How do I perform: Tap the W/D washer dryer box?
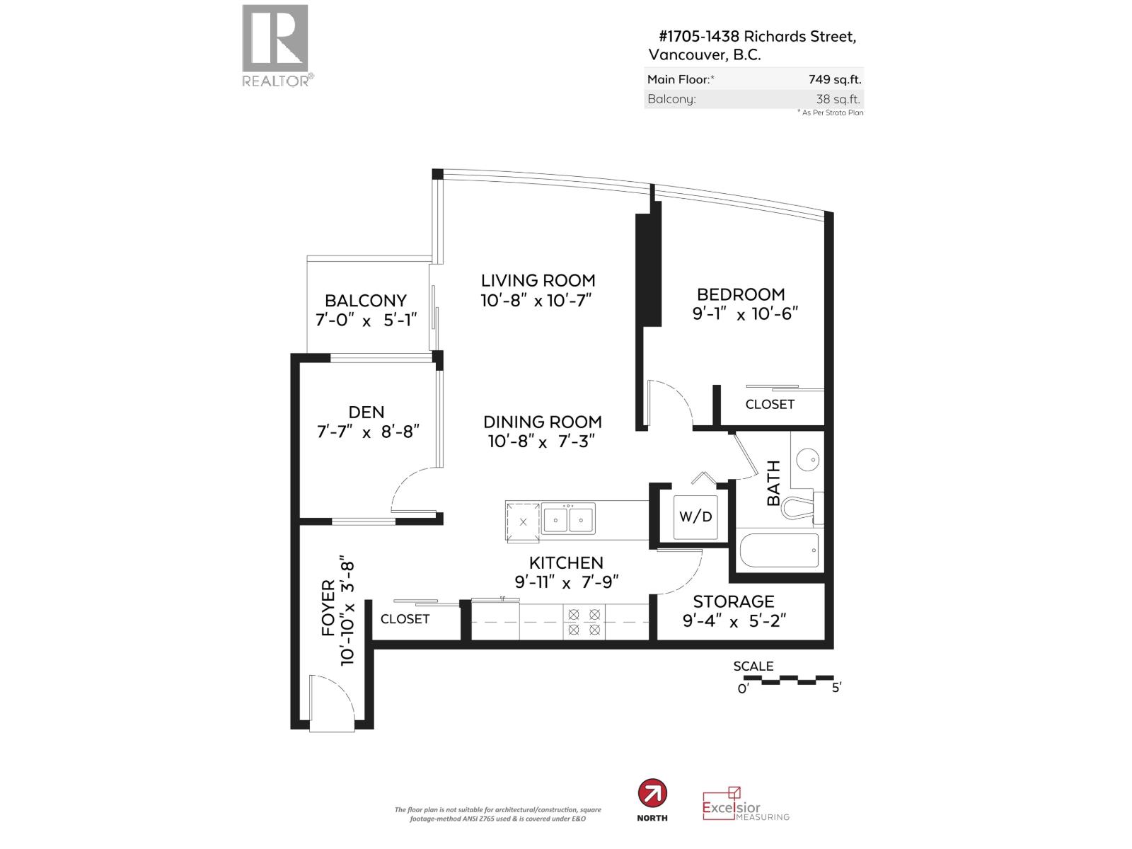click(x=695, y=516)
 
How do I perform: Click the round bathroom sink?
click(x=808, y=460)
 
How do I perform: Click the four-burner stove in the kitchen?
click(x=584, y=621)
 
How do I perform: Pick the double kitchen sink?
click(x=568, y=519)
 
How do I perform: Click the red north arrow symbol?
click(x=652, y=794)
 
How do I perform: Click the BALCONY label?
click(x=366, y=301)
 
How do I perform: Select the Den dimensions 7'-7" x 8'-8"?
click(x=368, y=431)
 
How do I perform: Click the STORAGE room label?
click(x=733, y=601)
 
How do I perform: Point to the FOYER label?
click(x=328, y=608)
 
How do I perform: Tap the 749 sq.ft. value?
click(x=835, y=79)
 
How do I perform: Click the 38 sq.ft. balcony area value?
click(x=838, y=99)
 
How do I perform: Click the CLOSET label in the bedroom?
click(x=770, y=404)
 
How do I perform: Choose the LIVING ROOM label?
click(x=538, y=280)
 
